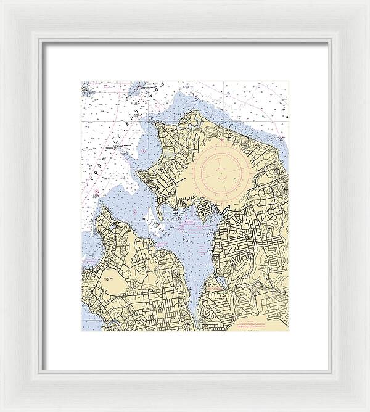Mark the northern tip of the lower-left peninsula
[x=104, y=207]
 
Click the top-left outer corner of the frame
[x=1, y=1]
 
